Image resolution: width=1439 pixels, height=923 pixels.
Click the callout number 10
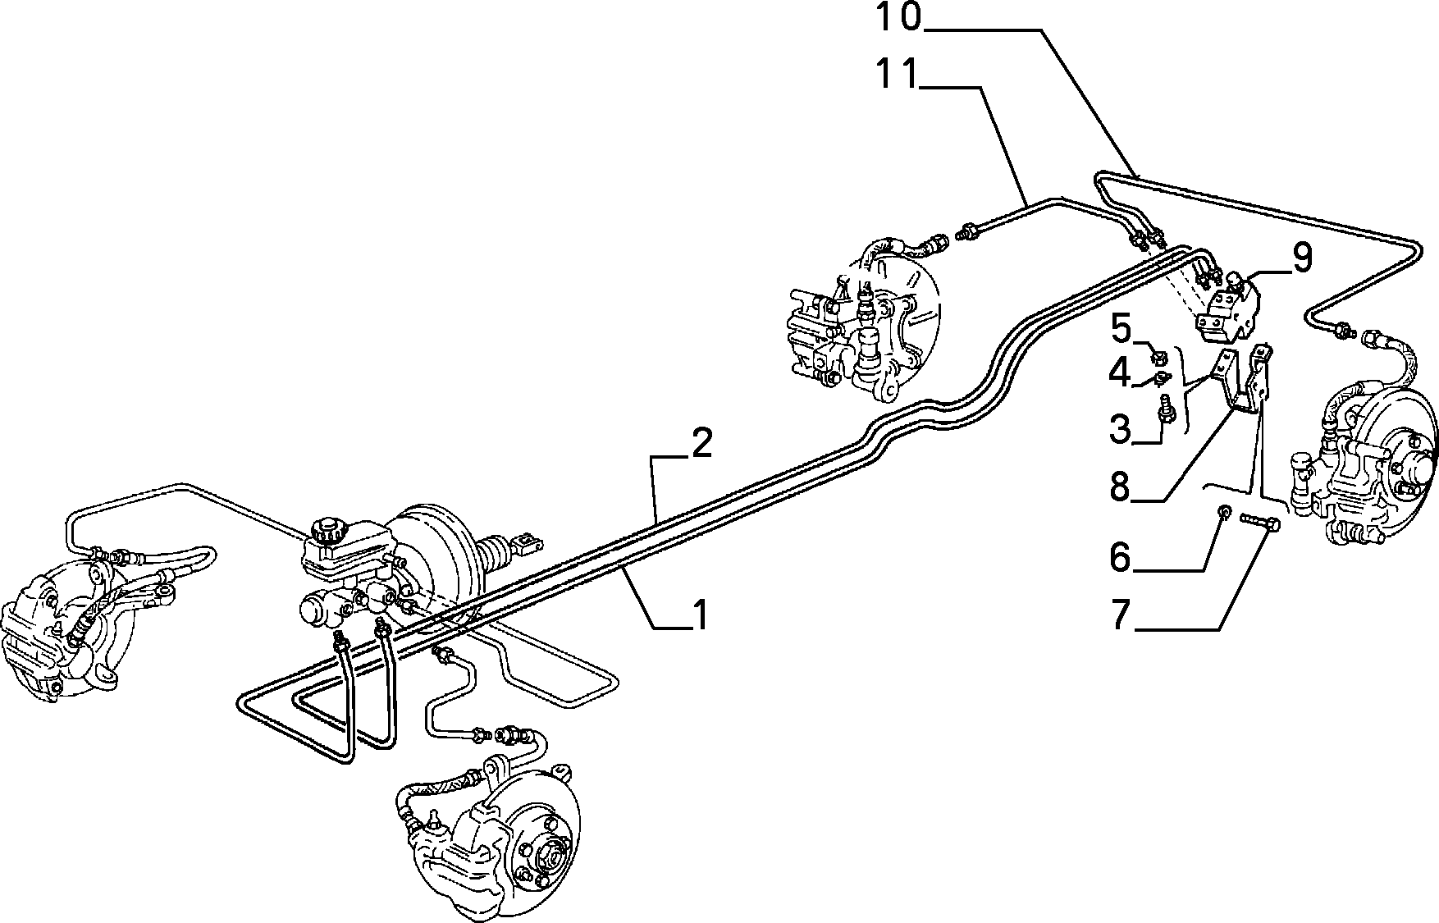pyautogui.click(x=901, y=18)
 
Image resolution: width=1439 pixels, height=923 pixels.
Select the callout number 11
pyautogui.click(x=898, y=75)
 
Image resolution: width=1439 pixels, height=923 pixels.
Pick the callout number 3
pyautogui.click(x=1121, y=428)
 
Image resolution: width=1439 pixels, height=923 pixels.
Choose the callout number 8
pyautogui.click(x=1121, y=487)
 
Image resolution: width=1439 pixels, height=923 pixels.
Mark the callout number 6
pyautogui.click(x=1121, y=558)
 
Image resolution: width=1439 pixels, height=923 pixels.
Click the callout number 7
pyautogui.click(x=1122, y=615)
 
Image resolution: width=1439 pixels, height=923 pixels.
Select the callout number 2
pyautogui.click(x=701, y=443)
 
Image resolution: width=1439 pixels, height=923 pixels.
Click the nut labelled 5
pyautogui.click(x=1159, y=356)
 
